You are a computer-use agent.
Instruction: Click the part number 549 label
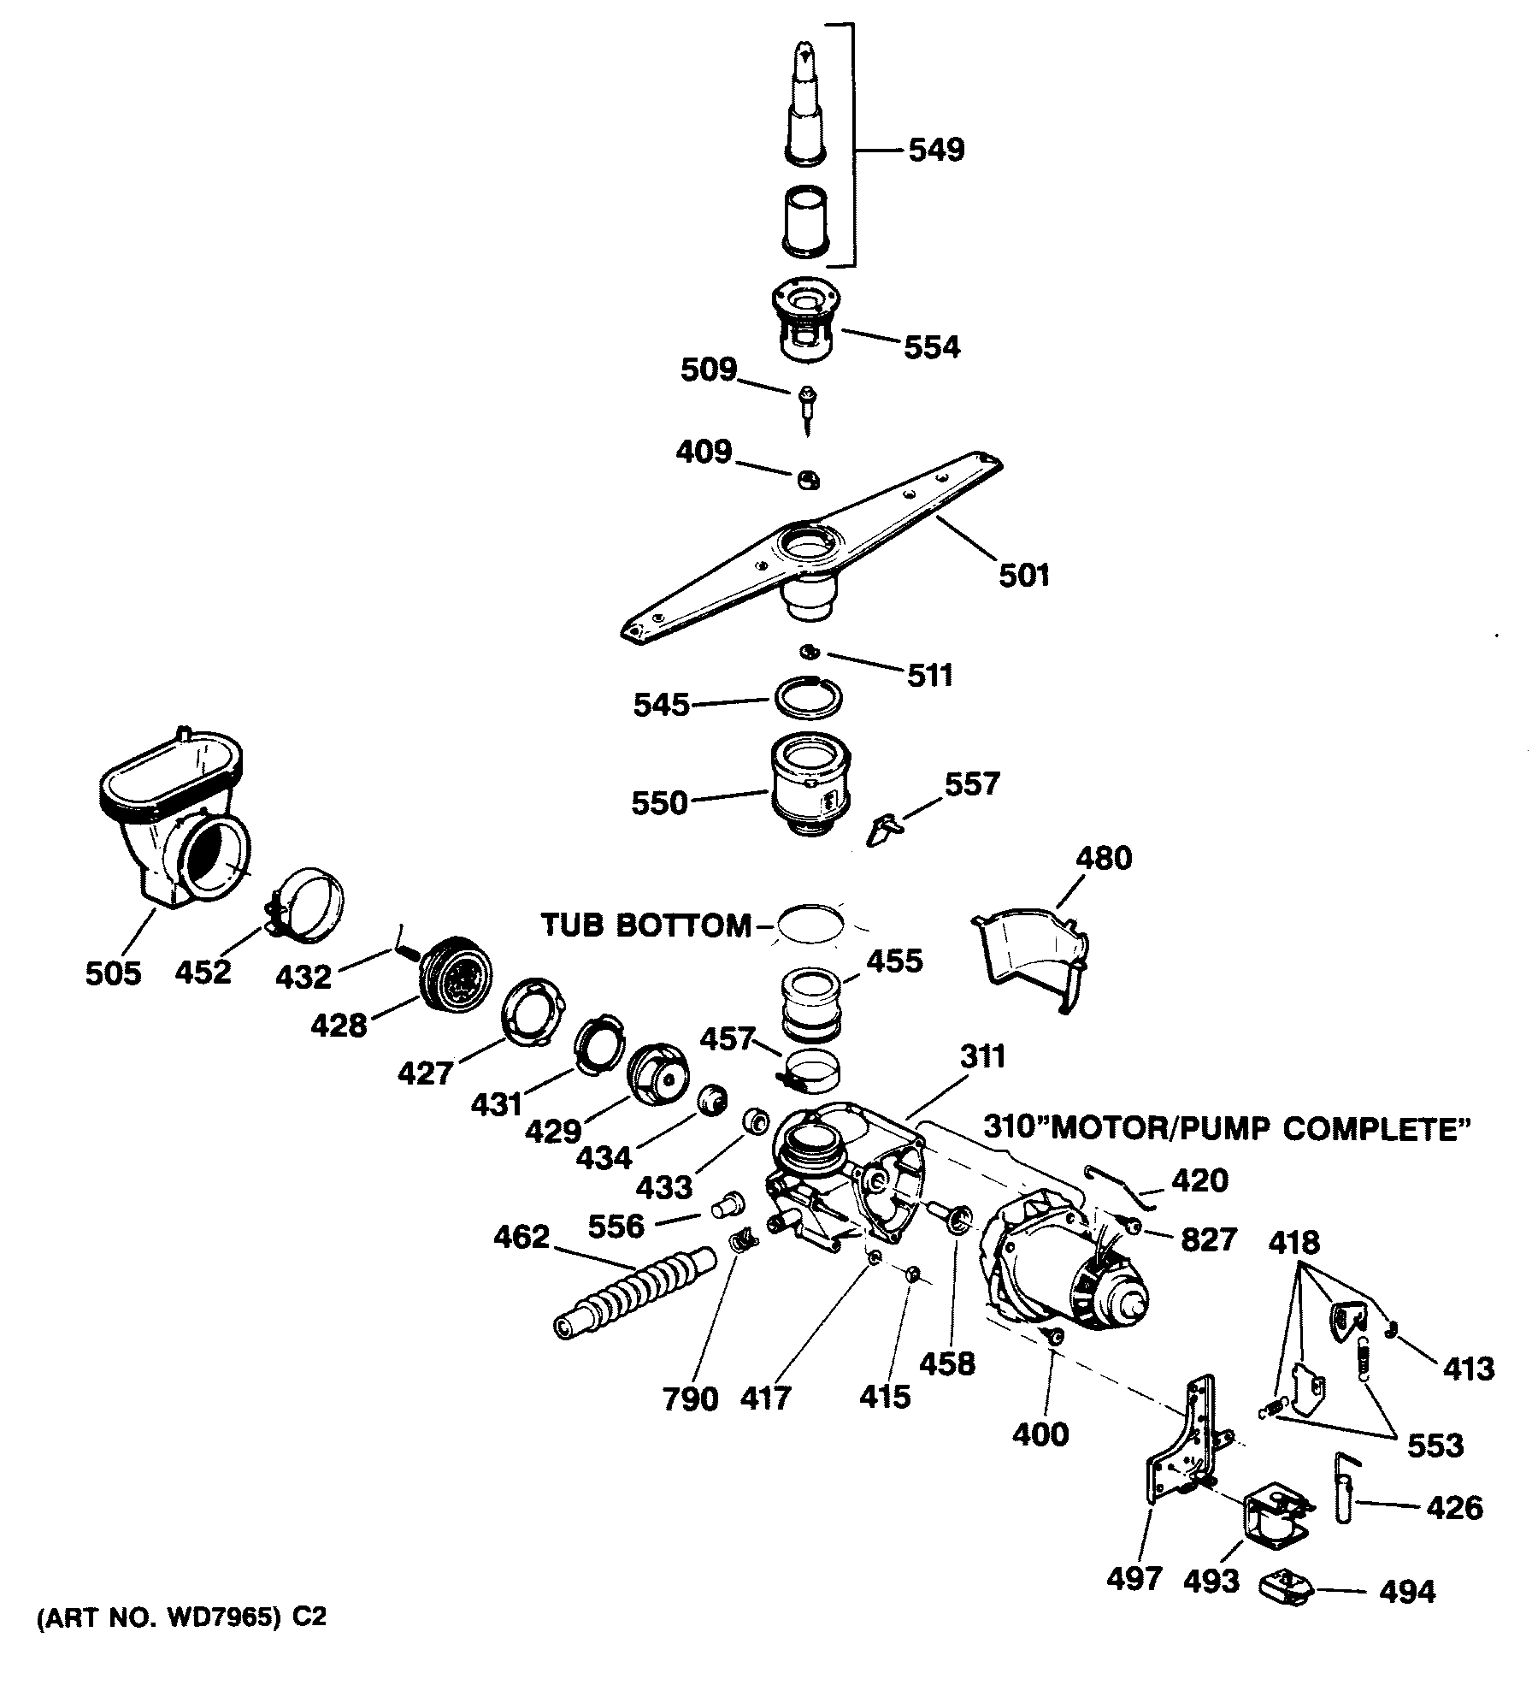point(935,151)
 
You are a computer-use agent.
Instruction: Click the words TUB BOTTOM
point(646,925)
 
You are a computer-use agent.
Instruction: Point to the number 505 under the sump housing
point(113,973)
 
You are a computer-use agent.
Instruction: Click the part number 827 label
point(1209,1239)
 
